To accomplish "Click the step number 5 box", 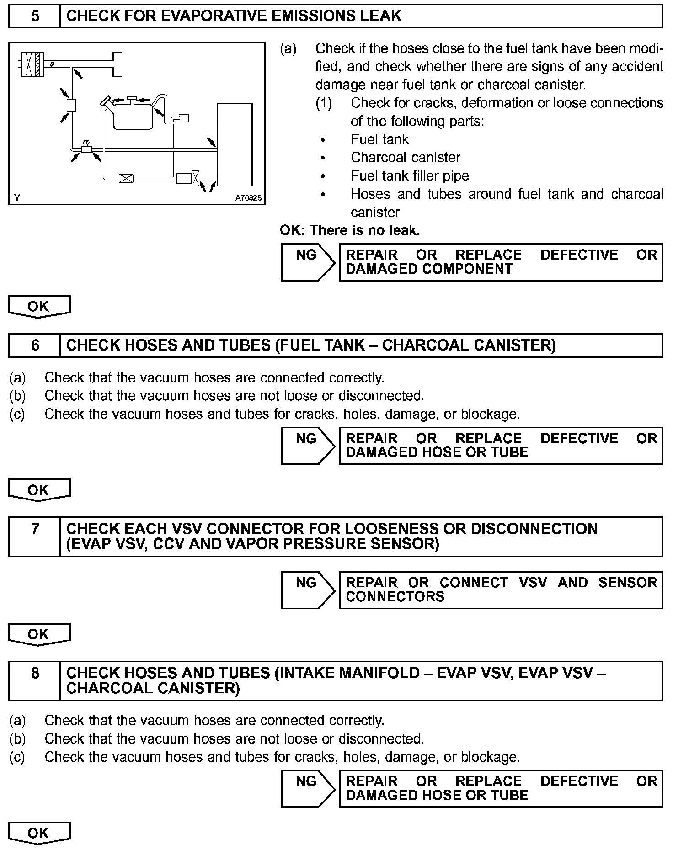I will [x=35, y=16].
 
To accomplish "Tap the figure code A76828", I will [x=248, y=198].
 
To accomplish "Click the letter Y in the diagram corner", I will [x=17, y=198].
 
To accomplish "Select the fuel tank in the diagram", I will [x=132, y=117].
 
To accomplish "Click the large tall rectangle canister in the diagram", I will [x=234, y=144].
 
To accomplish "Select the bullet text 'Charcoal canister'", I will [x=406, y=158].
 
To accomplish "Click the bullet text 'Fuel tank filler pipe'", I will [x=410, y=176].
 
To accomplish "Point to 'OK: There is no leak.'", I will [x=350, y=230].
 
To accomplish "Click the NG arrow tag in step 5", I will [x=308, y=262].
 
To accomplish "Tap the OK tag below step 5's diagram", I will [x=39, y=307].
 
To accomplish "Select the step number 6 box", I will [x=35, y=345].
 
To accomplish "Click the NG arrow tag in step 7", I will [x=308, y=590].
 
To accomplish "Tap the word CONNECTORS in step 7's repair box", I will [x=395, y=597].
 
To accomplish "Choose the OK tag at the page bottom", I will [x=39, y=833].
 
